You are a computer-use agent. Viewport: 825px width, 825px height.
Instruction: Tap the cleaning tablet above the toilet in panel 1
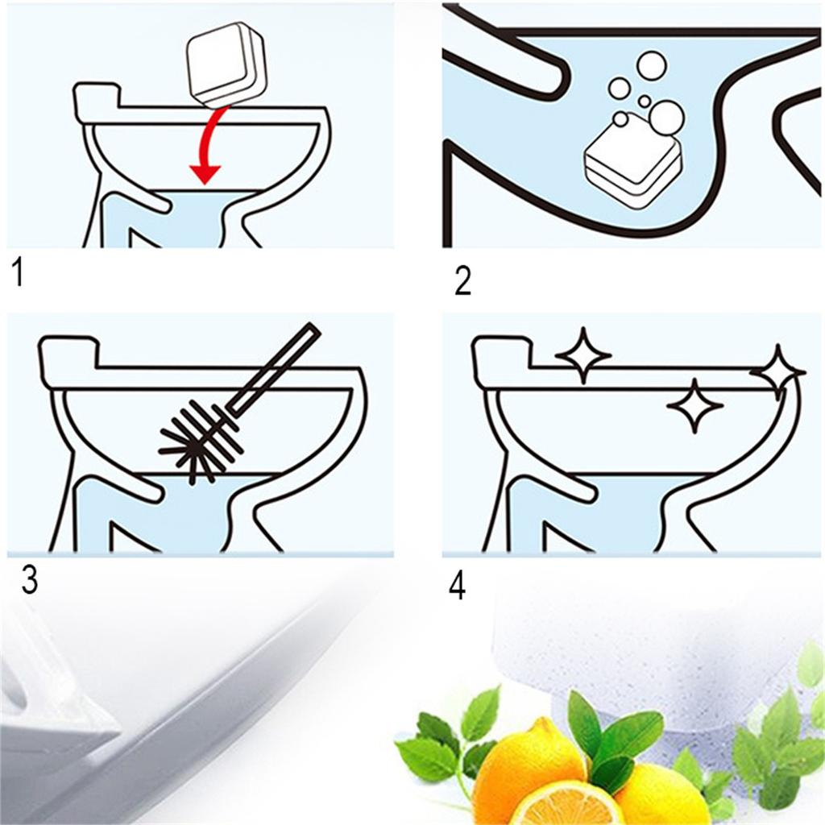tap(226, 68)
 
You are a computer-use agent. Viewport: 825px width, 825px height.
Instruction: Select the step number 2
tap(462, 281)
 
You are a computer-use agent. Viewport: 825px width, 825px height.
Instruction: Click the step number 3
tap(29, 581)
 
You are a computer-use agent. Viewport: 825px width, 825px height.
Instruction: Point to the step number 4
tap(457, 586)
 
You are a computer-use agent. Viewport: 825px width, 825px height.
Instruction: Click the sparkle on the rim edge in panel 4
tap(777, 371)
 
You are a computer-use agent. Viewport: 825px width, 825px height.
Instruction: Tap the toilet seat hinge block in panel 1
tap(97, 100)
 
